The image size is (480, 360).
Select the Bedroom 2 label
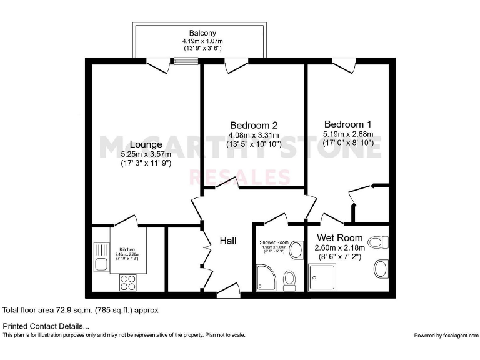tap(253, 124)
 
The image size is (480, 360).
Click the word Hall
tap(227, 241)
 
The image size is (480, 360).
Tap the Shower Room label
tap(273, 242)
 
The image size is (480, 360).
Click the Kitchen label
tap(128, 248)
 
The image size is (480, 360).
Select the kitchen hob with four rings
tap(128, 282)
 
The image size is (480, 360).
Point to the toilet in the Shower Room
tap(289, 280)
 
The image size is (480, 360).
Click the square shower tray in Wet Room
tap(322, 276)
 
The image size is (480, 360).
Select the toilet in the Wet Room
tap(378, 242)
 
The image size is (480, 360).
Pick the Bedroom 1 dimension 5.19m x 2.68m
tap(347, 134)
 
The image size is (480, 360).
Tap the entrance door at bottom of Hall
tap(225, 292)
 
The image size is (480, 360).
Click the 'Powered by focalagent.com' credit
tap(445, 336)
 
